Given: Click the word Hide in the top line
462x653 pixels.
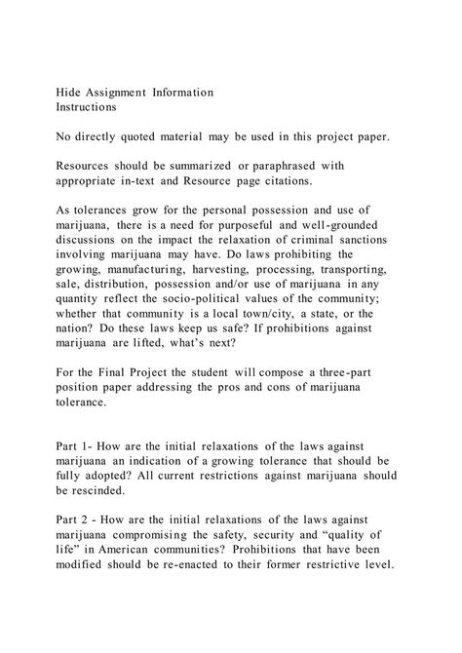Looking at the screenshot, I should point(67,92).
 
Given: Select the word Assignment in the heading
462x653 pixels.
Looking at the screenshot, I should point(126,92).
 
